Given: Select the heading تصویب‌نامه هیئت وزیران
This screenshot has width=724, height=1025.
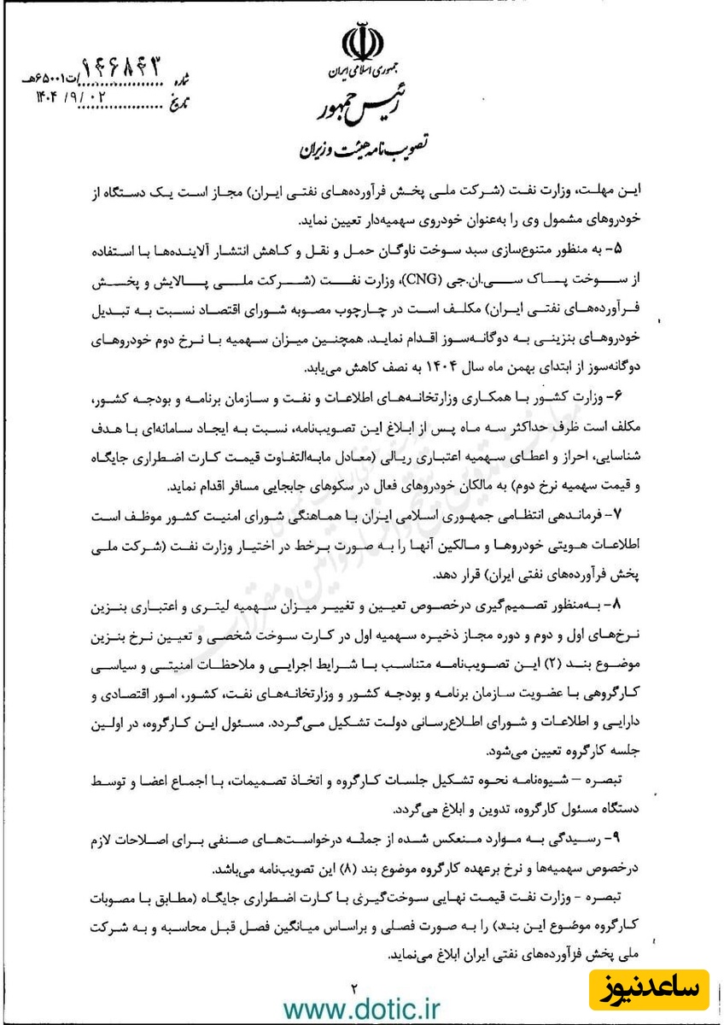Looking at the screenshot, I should [365, 149].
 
